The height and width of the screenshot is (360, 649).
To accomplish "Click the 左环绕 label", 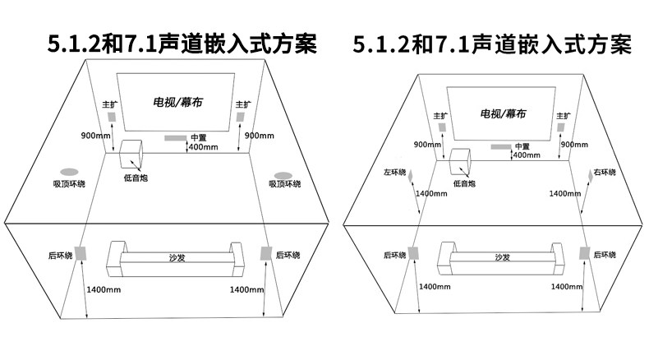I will click(395, 173).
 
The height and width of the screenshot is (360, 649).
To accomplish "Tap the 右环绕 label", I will click(604, 173).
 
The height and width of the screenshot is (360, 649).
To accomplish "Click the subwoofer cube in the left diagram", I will click(131, 155).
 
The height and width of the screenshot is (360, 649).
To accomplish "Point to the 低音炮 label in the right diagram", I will click(464, 184).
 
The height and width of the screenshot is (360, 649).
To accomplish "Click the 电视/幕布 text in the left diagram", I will click(176, 103).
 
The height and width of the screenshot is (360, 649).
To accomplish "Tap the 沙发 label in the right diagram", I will click(502, 257).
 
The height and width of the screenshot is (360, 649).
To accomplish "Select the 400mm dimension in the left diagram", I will click(204, 148).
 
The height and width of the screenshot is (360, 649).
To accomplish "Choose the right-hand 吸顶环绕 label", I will click(284, 184).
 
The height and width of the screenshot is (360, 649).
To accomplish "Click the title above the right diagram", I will click(492, 44).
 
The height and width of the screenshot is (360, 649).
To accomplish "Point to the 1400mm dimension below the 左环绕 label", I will click(432, 193).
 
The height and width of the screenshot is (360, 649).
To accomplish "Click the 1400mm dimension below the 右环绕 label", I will click(564, 193).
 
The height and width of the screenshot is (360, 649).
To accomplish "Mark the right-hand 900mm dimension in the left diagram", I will click(259, 135).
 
